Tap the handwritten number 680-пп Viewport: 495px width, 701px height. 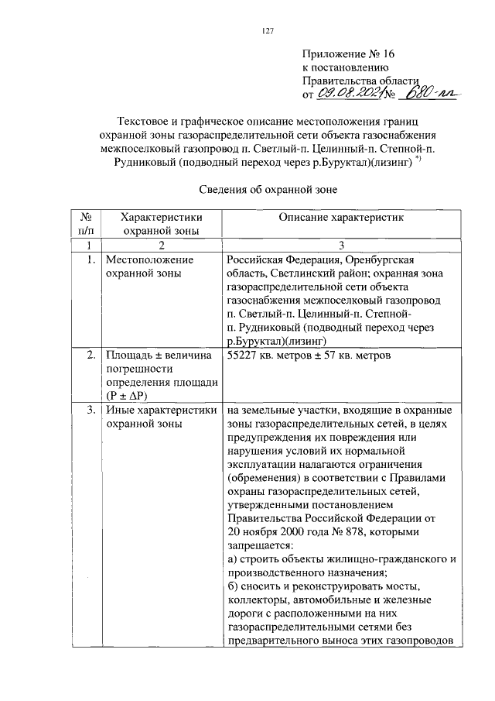pos(435,94)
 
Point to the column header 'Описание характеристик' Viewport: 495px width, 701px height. pos(340,218)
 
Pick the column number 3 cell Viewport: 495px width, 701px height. pos(341,245)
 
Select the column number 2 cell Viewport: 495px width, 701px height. pos(161,245)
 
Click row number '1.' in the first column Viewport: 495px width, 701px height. pos(90,259)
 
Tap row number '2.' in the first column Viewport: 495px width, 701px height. pos(90,356)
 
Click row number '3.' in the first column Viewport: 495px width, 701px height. pos(90,410)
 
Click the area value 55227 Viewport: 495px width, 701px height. pos(247,356)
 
